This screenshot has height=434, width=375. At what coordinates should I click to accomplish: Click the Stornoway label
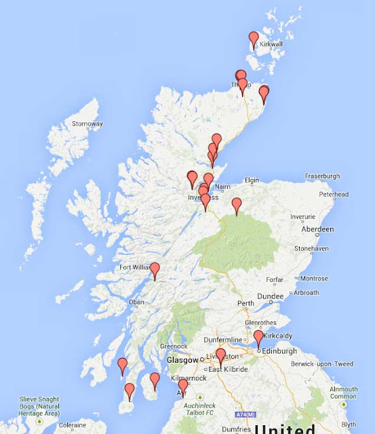87,124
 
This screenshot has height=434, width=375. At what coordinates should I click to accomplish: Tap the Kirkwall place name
271,44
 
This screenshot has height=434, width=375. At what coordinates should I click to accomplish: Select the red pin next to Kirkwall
254,40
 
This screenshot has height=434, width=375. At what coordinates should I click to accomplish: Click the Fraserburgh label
322,176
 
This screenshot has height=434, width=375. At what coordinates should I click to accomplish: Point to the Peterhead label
333,194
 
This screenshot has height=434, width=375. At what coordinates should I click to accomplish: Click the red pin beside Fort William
155,271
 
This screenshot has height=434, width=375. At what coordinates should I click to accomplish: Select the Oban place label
136,302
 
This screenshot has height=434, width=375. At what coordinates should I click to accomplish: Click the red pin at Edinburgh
258,338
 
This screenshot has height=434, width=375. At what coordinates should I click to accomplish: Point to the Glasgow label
182,359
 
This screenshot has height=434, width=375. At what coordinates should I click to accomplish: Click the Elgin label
252,180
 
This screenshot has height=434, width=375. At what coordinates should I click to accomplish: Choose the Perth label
245,302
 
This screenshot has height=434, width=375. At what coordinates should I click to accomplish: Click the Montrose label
314,279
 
